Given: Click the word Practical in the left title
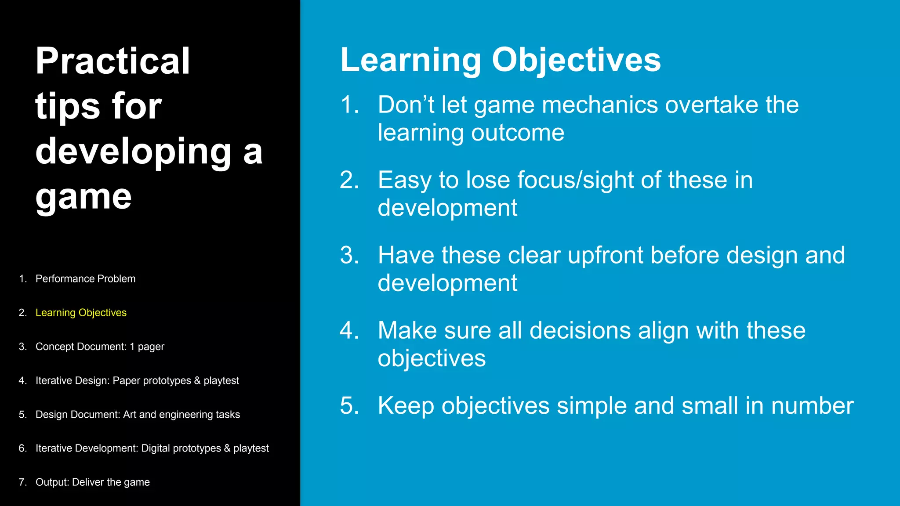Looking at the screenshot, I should point(112,61).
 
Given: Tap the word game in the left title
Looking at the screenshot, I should point(83,197).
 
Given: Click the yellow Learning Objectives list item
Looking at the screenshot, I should point(81,313).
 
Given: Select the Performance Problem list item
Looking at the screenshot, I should point(85,279).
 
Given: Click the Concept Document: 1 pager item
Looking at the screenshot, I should point(100,347).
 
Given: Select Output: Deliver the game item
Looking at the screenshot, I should point(92,482).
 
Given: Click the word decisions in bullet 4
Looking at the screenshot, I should point(580,331).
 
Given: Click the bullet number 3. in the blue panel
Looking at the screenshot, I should point(349,256).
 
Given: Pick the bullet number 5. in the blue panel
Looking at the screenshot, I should point(349,406).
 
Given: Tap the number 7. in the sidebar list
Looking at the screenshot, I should point(22,482).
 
